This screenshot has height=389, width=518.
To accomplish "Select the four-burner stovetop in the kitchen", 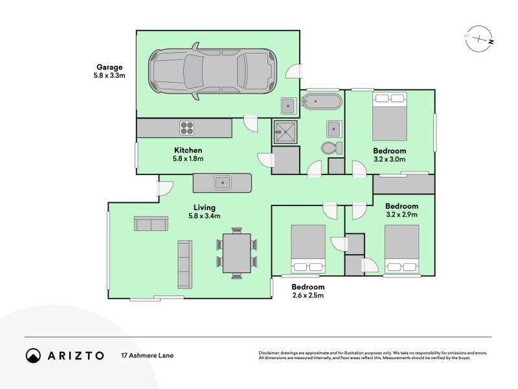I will (x=188, y=128).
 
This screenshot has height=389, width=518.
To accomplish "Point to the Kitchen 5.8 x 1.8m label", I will (x=188, y=154).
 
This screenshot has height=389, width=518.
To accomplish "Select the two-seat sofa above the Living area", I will (x=151, y=224).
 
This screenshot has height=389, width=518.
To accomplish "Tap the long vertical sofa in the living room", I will (x=184, y=264).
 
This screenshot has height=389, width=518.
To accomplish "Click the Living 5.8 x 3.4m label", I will (x=205, y=211).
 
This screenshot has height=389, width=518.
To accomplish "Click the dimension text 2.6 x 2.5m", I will (x=308, y=296).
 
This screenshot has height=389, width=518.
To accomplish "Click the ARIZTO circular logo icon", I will (x=33, y=355).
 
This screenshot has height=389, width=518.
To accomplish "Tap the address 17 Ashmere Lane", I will (x=147, y=355).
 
